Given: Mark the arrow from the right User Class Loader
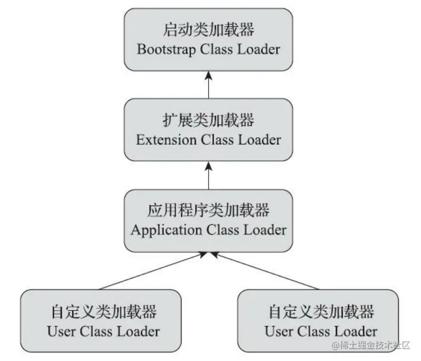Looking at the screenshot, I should click(266, 272).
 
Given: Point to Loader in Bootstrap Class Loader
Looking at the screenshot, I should click(260, 50).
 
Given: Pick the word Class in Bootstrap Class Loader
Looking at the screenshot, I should click(218, 50).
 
